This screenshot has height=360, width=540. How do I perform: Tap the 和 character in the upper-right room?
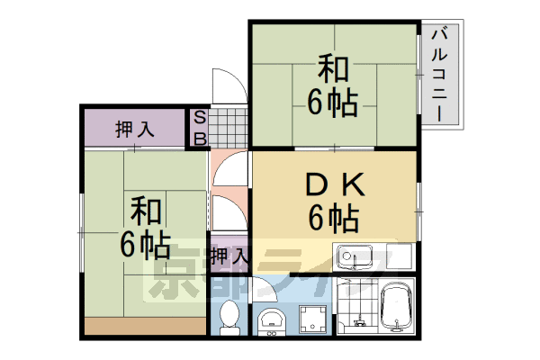[333, 69]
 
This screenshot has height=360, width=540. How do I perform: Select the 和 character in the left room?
[144, 211]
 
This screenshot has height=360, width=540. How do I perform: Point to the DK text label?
[333, 184]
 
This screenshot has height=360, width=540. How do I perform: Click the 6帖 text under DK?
[333, 218]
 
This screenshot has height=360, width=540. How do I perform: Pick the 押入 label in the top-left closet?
[135, 129]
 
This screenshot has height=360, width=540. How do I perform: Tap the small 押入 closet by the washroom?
[229, 255]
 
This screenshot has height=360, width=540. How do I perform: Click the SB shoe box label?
[201, 128]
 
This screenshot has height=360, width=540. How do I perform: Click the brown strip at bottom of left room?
[144, 326]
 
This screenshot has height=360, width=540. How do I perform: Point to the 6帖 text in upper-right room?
[333, 102]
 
